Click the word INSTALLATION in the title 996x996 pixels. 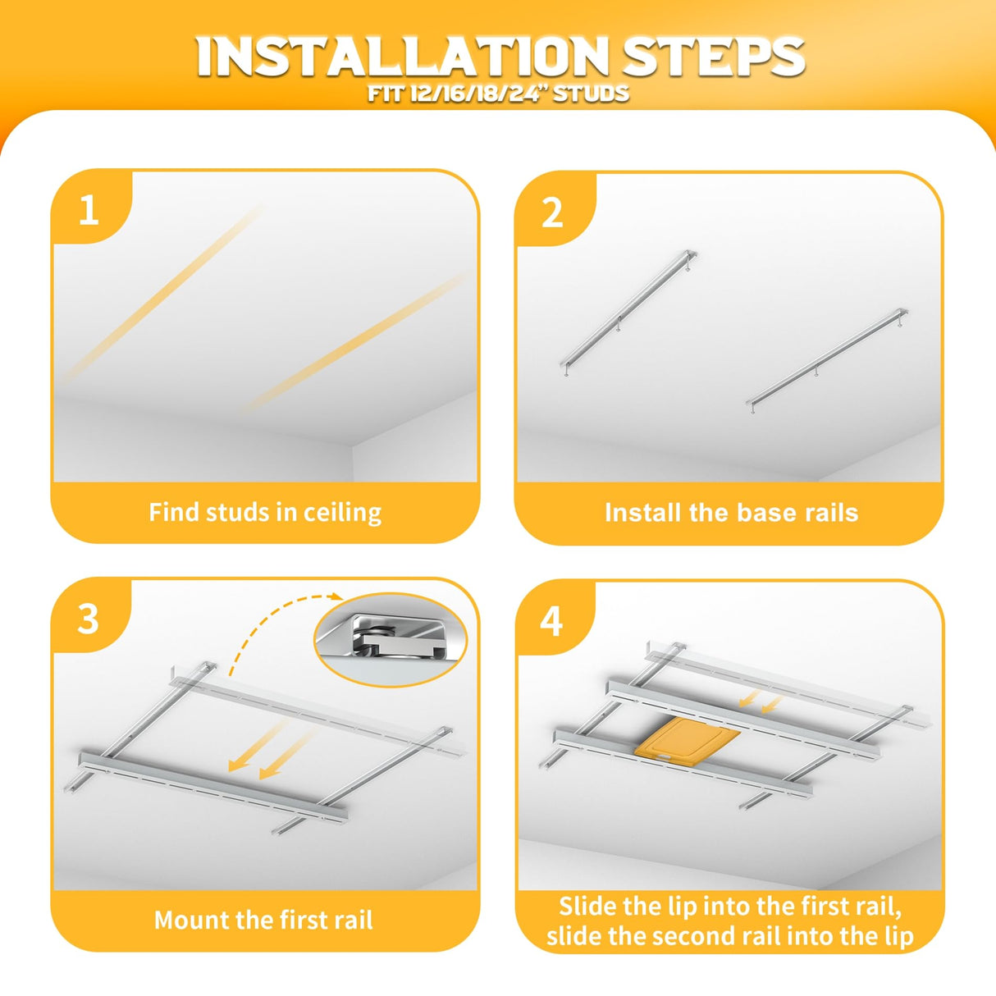403,57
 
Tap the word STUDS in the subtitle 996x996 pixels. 591,94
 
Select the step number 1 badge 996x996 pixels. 89,211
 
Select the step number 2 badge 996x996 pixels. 552,213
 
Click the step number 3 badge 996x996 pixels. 88,619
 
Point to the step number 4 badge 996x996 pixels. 551,622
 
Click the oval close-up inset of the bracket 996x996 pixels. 391,639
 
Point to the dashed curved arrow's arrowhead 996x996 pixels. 337,596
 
